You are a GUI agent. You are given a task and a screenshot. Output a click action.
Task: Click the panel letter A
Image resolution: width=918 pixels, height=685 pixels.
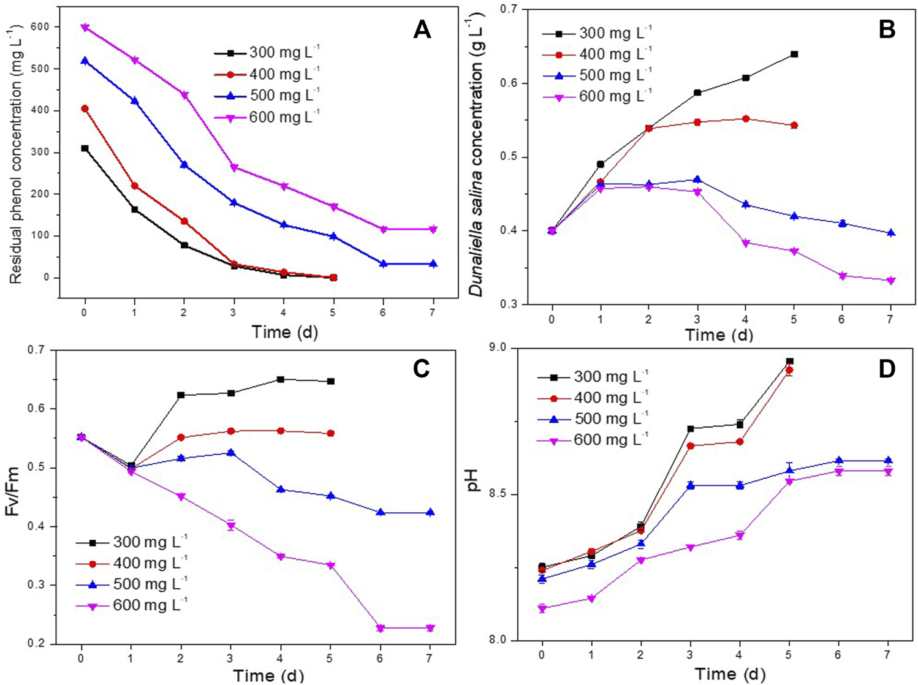(x=422, y=29)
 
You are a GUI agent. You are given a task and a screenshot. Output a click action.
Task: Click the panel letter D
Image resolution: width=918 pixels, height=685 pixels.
(x=886, y=368)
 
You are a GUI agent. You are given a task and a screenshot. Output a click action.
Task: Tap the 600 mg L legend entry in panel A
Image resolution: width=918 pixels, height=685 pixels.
(x=267, y=117)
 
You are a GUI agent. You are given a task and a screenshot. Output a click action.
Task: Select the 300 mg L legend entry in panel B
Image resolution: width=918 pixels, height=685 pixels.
(x=598, y=32)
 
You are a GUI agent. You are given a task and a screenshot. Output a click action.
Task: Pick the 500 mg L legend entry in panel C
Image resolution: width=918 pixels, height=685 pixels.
(x=132, y=583)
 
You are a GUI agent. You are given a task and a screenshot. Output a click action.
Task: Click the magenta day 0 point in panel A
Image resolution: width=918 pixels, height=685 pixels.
(x=85, y=28)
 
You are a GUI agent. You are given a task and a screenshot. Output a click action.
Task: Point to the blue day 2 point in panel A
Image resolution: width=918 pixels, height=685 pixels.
(x=184, y=165)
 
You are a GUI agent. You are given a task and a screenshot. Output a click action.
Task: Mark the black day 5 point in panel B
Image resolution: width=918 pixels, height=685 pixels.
(x=794, y=55)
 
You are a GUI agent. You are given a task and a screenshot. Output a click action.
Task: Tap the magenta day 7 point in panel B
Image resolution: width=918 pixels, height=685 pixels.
(x=891, y=281)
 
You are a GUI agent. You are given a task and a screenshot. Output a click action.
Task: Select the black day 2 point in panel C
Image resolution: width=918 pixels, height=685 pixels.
(x=181, y=395)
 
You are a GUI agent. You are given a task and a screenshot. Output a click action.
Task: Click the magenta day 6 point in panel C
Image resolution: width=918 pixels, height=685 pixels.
(x=381, y=628)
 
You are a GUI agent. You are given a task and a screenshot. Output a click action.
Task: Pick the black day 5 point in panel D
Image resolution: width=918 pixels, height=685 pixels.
(x=790, y=361)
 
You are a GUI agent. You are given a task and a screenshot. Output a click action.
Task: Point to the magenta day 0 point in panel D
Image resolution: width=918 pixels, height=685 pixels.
(x=542, y=608)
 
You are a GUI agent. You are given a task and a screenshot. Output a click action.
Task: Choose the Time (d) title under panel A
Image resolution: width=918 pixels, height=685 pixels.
(x=284, y=332)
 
